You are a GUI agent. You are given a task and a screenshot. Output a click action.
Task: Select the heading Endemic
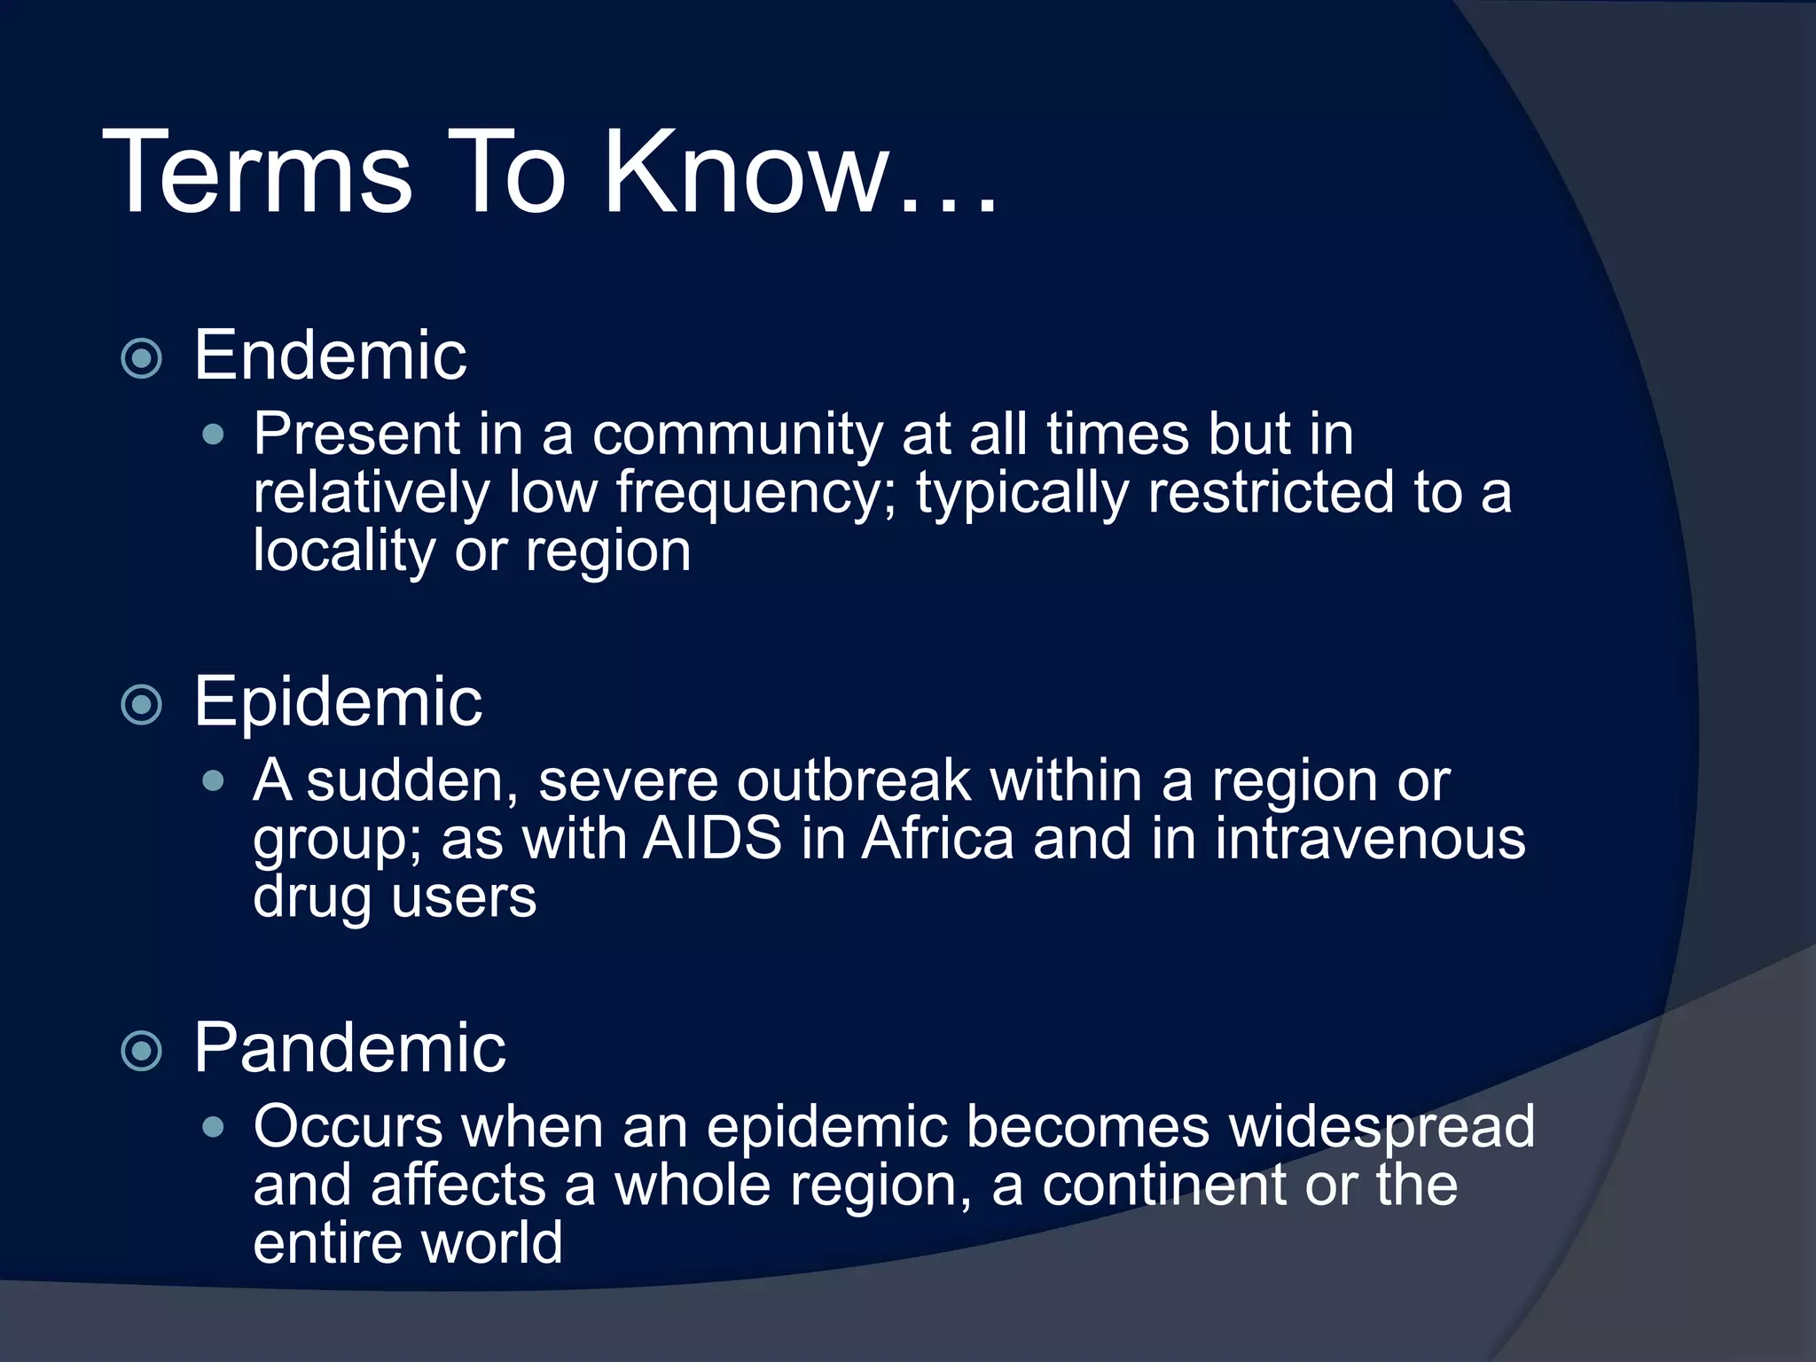point(330,356)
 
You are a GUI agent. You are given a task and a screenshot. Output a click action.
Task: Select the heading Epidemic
point(338,701)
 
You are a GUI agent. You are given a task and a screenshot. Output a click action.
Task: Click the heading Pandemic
point(349,1048)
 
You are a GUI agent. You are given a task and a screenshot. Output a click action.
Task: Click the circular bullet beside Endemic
point(142,359)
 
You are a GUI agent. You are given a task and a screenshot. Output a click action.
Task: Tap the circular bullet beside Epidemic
point(142,705)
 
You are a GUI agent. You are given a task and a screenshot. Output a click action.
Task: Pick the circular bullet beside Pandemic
point(142,1052)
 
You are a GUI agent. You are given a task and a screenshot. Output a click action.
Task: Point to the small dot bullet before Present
point(213,434)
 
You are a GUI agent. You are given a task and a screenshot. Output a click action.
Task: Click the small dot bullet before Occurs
point(213,1128)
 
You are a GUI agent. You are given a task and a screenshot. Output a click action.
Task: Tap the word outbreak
point(853,781)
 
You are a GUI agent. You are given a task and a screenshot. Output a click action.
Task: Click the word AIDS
point(712,839)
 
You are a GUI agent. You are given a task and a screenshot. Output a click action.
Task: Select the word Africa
point(937,839)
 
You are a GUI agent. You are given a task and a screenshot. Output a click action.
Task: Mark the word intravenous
point(1370,839)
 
